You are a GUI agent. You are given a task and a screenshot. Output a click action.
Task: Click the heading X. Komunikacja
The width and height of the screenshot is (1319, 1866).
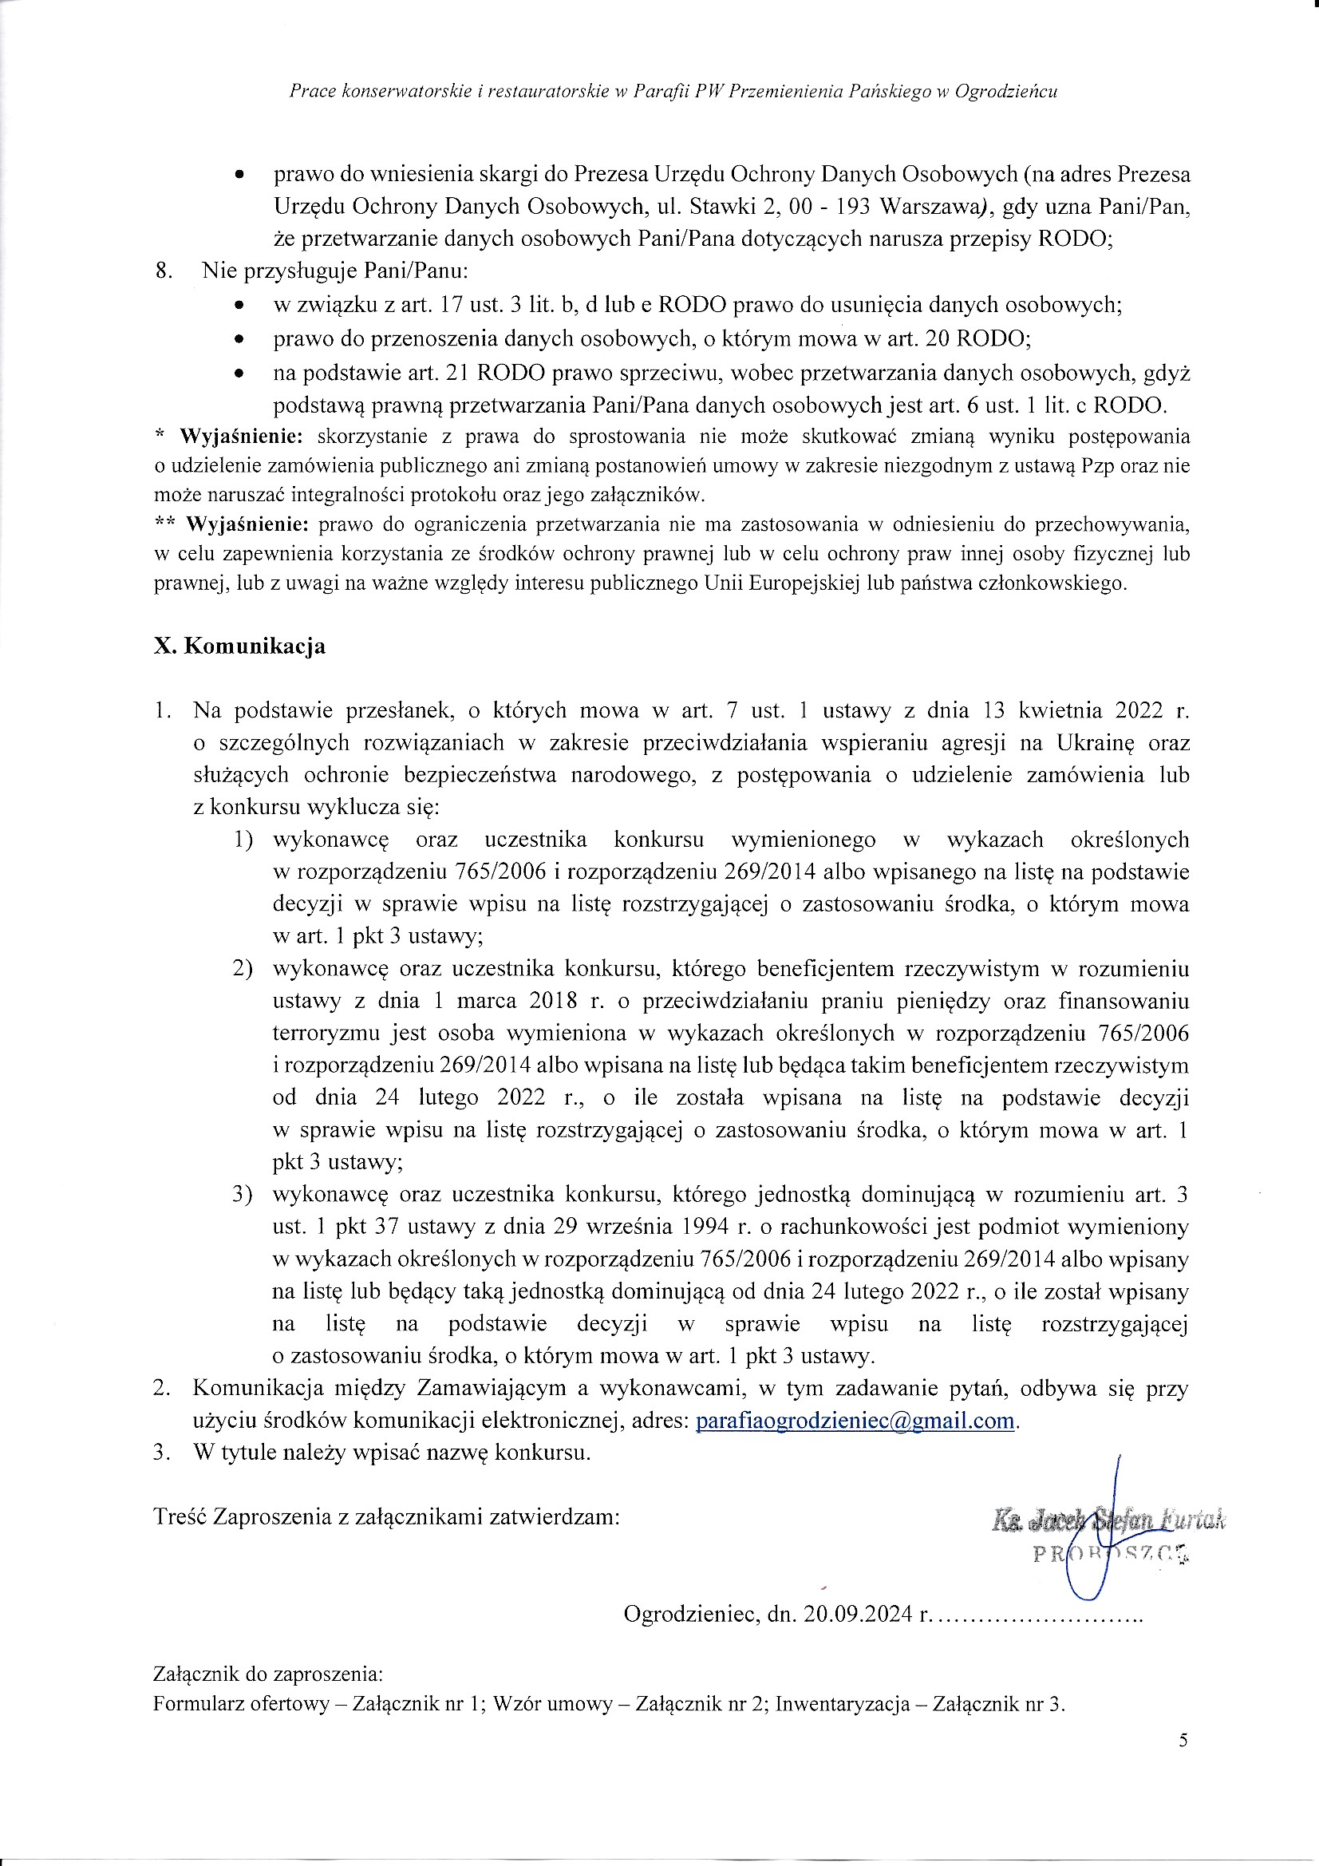pyautogui.click(x=239, y=646)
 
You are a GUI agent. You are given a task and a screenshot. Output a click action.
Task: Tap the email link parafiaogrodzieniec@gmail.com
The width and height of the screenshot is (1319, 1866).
pyautogui.click(x=855, y=1421)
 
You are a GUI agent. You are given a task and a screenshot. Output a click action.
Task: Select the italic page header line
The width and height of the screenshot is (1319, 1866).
pyautogui.click(x=673, y=92)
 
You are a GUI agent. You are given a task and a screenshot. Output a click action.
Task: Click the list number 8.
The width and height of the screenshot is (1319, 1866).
pyautogui.click(x=164, y=271)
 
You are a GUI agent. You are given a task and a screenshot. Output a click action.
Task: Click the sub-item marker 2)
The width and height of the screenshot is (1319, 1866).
pyautogui.click(x=243, y=969)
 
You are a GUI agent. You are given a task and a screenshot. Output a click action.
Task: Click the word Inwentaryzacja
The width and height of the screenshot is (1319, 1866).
pyautogui.click(x=842, y=1704)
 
